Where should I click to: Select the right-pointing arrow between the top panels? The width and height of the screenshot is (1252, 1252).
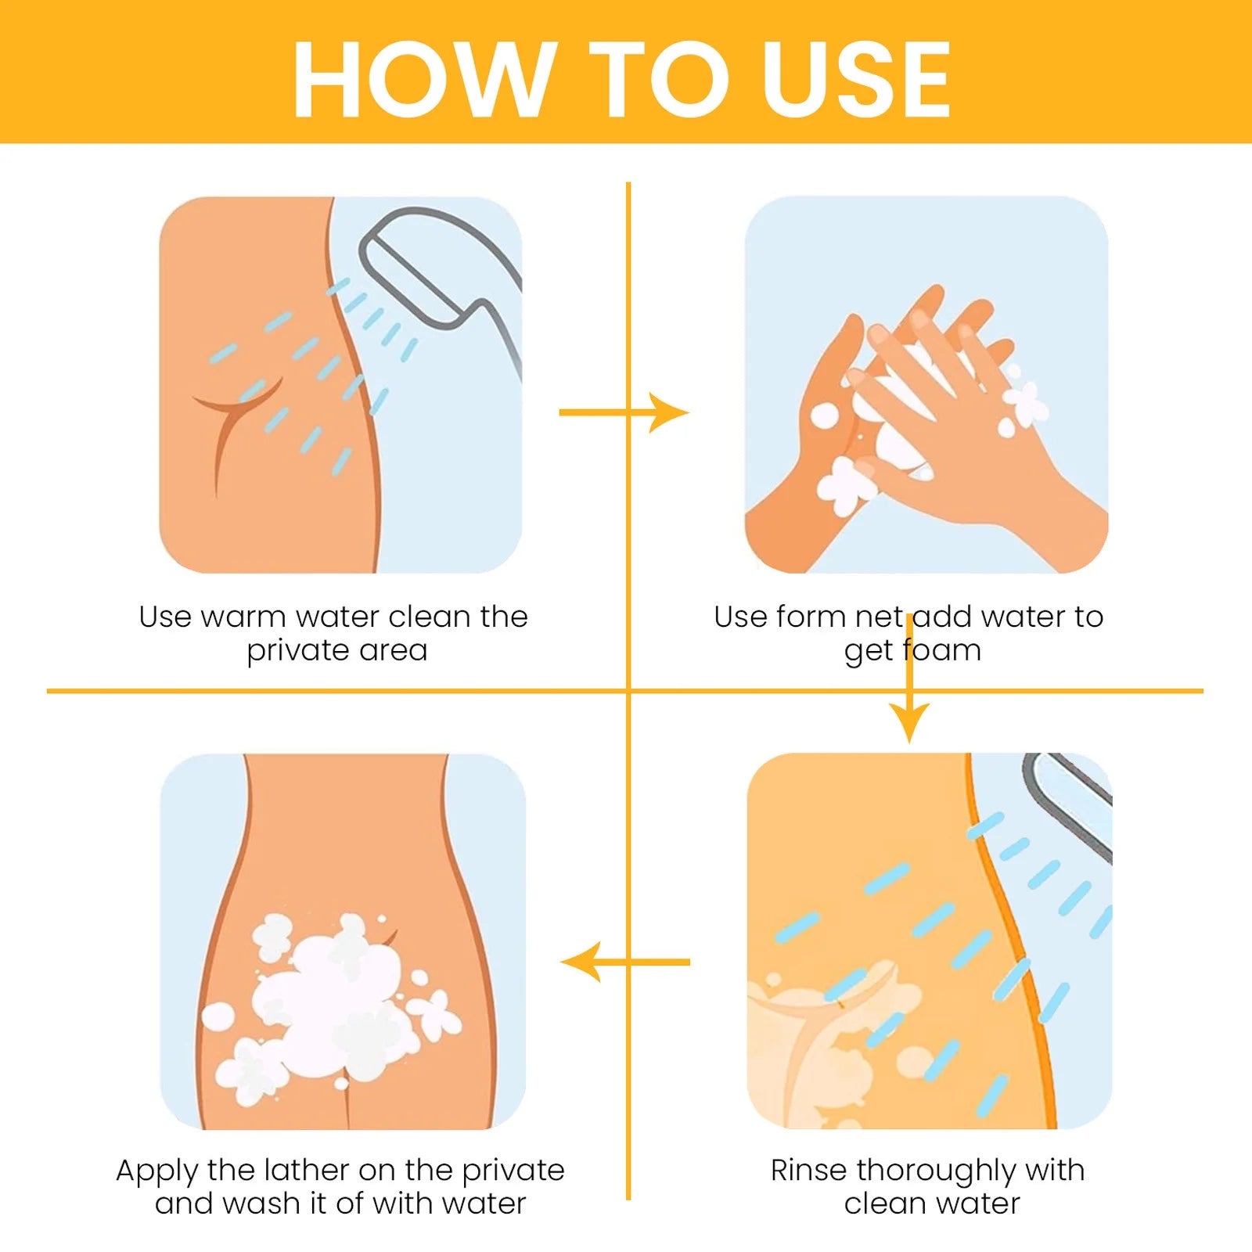pyautogui.click(x=624, y=412)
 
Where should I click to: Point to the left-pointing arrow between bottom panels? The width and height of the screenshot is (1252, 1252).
pyautogui.click(x=625, y=962)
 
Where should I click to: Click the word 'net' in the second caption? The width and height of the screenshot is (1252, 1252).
pyautogui.click(x=879, y=617)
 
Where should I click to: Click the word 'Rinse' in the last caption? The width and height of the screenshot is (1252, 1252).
pyautogui.click(x=809, y=1171)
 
